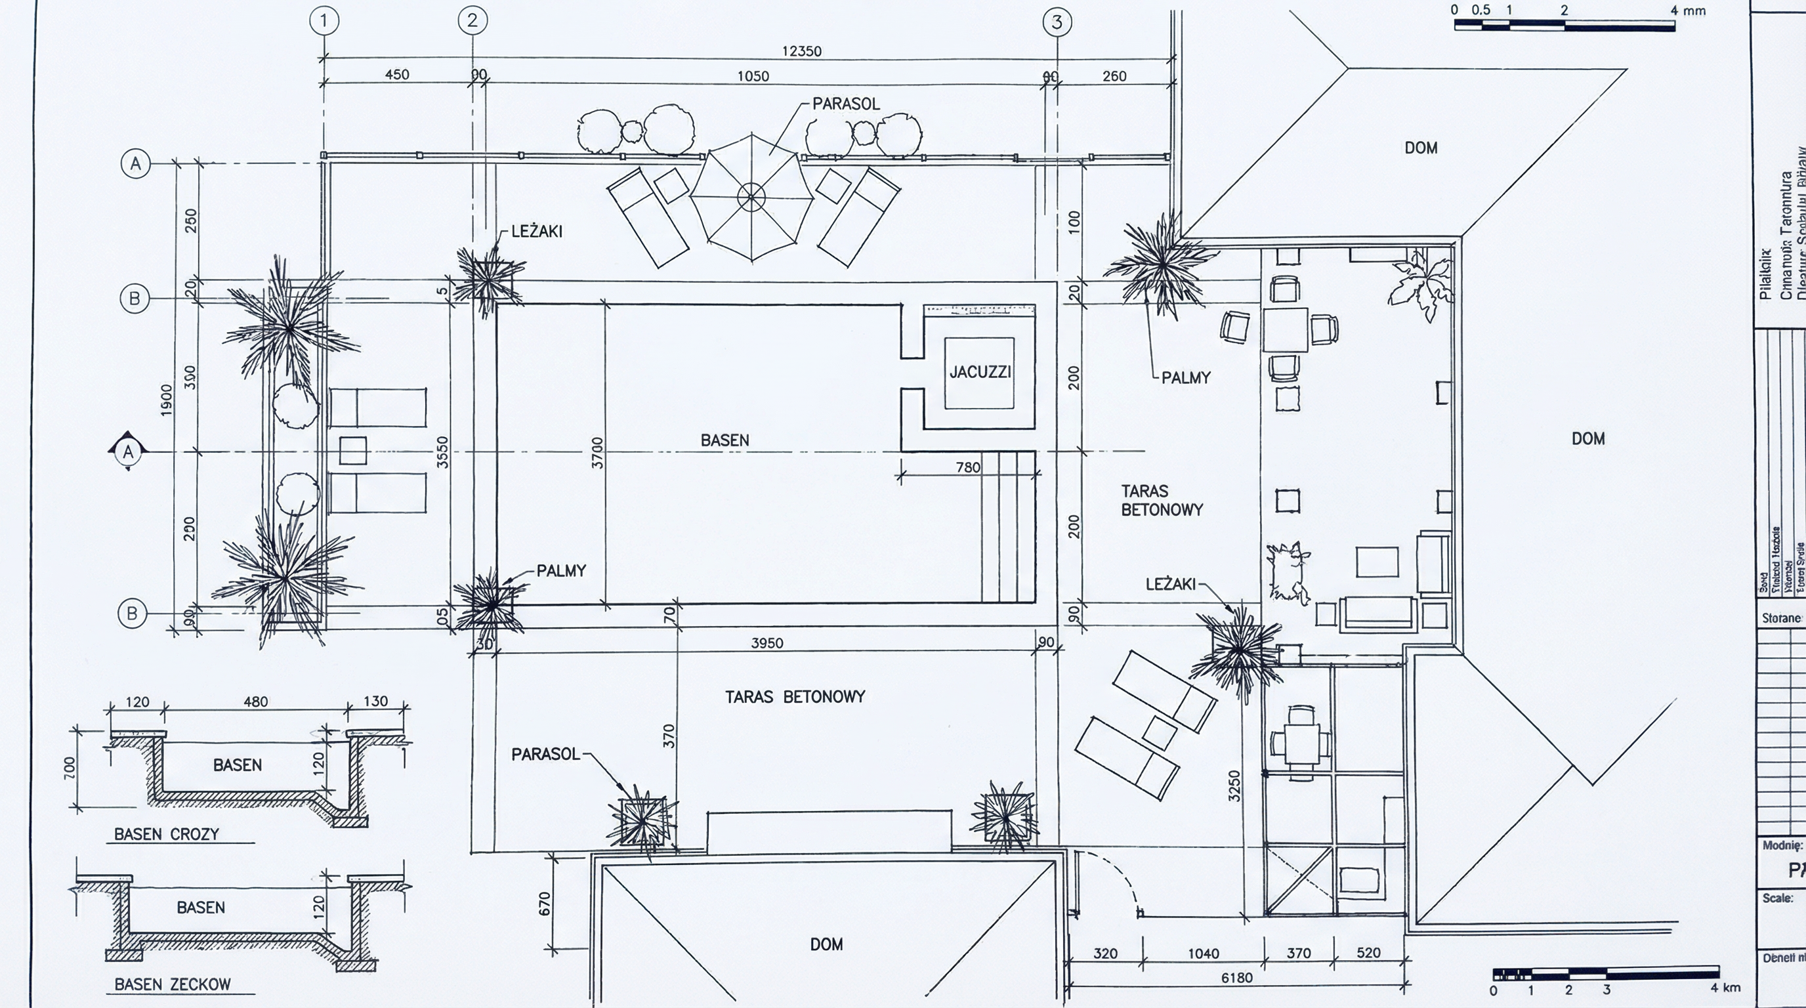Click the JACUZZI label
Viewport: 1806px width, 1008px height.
(980, 372)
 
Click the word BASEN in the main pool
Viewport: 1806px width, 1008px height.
(725, 440)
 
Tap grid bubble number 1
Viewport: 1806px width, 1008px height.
(324, 21)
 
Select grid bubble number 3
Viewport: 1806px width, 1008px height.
(1057, 22)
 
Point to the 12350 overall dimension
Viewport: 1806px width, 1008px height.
(801, 51)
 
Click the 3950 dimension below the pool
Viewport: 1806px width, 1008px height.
(767, 642)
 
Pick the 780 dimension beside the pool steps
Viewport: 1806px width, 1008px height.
(968, 467)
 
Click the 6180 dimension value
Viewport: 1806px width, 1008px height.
(1237, 977)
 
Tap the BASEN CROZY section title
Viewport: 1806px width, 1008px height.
(167, 834)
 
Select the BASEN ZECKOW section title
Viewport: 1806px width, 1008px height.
(173, 984)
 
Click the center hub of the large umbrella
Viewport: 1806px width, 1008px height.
(751, 197)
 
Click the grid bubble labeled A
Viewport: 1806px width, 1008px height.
(135, 164)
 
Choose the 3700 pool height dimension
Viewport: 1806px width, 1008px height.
(597, 453)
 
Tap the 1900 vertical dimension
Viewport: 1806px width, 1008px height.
(166, 400)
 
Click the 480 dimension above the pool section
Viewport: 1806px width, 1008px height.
(255, 702)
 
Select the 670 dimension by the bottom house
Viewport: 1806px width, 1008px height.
(545, 904)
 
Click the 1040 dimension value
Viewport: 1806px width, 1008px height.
(1203, 954)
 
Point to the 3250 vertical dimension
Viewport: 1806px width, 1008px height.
(1234, 786)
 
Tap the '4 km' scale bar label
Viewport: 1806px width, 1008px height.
(1725, 988)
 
